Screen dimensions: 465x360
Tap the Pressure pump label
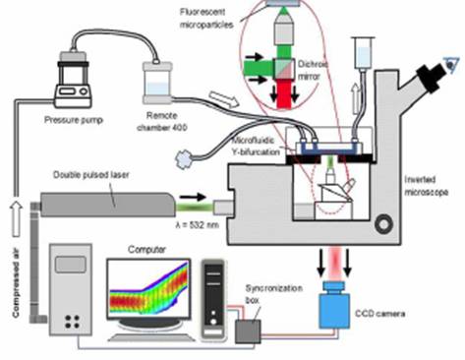click(74, 120)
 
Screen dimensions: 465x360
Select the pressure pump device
click(73, 80)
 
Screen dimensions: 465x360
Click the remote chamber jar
click(157, 83)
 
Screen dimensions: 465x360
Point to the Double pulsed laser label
click(91, 175)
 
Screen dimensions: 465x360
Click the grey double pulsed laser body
click(107, 205)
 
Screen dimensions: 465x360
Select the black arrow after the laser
click(193, 197)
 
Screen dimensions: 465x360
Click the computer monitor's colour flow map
click(149, 288)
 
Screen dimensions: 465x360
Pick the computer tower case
click(213, 299)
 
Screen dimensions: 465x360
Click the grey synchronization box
click(248, 331)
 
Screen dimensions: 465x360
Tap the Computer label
click(146, 250)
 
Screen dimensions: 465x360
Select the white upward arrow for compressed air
click(16, 218)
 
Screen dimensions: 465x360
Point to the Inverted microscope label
click(426, 186)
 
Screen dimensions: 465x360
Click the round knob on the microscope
click(383, 224)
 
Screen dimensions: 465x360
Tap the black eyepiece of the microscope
click(433, 77)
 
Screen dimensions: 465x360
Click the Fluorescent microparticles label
click(206, 19)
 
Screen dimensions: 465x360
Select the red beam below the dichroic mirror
click(284, 93)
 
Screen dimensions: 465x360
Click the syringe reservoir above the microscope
click(363, 53)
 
